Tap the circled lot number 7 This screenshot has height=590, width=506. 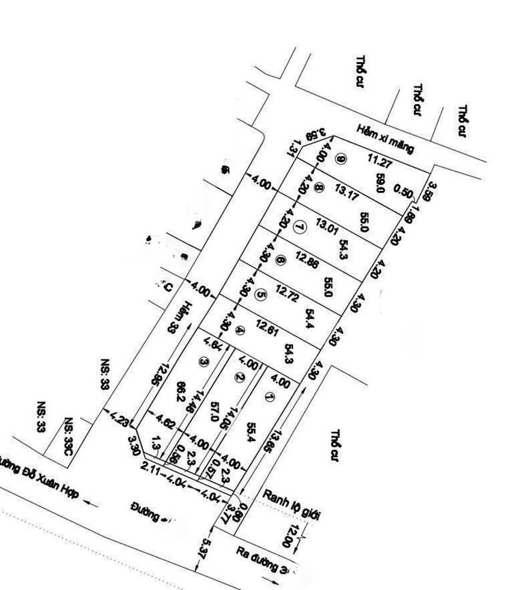coord(300,226)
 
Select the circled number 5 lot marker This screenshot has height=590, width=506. coord(261,296)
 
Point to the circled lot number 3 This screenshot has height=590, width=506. coord(204,362)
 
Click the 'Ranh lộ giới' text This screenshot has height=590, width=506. coord(291,505)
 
